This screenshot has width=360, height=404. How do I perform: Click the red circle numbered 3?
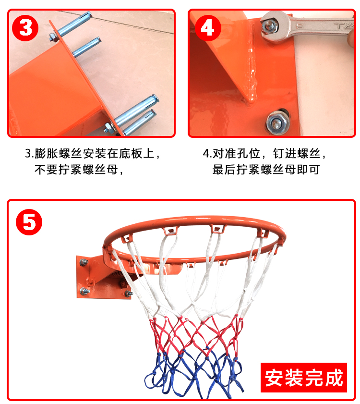25,28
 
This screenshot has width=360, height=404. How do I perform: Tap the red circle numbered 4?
207,28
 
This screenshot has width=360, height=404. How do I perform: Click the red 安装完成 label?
304,377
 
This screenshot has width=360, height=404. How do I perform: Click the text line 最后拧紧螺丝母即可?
266,170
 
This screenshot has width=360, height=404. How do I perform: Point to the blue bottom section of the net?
194,370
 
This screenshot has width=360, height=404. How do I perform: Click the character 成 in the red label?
334,377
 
